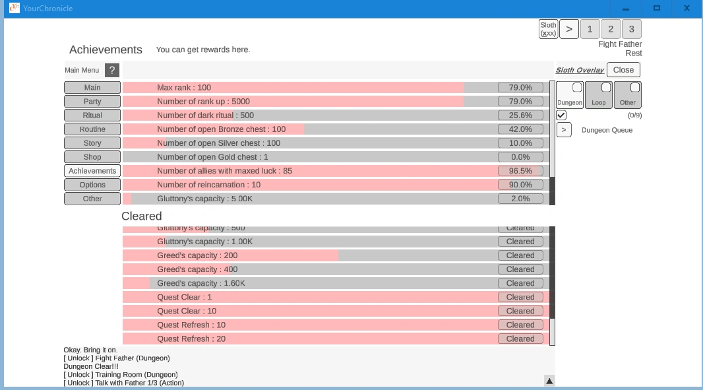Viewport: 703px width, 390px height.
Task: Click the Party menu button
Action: click(92, 102)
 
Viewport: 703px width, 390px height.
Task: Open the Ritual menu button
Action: click(92, 115)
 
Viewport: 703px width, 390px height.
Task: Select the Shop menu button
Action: click(92, 157)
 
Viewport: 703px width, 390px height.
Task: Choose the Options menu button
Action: click(92, 185)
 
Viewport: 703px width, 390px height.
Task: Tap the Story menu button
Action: click(92, 143)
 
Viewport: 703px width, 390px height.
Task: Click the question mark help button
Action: click(112, 70)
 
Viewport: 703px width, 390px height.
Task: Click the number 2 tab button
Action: click(611, 29)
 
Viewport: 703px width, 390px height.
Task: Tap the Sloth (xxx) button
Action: click(548, 29)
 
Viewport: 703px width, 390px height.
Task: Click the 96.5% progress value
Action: click(520, 171)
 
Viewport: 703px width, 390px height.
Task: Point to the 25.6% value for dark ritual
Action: click(520, 115)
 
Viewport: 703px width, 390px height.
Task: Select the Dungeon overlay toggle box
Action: click(576, 88)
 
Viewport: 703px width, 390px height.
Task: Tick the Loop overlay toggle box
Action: click(605, 88)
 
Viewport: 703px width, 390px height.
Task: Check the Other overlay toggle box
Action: click(634, 88)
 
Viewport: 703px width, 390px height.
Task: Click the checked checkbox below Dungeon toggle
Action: click(561, 115)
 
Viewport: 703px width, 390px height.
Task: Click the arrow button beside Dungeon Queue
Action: click(564, 130)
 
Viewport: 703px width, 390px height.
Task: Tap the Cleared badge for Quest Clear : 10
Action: click(520, 311)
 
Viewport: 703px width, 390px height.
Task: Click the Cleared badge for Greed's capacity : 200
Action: click(520, 255)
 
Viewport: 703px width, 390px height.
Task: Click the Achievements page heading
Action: click(106, 50)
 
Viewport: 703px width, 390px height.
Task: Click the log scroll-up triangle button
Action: click(549, 380)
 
